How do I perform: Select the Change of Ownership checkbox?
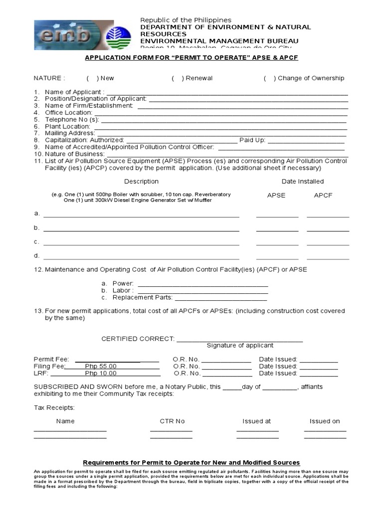269,78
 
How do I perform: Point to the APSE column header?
276,195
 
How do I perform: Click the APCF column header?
323,195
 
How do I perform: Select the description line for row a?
141,216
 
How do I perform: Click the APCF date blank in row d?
328,258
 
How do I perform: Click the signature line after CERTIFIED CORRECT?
239,340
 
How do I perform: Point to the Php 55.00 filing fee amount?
101,366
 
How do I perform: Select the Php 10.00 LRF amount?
101,373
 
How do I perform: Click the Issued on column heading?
325,421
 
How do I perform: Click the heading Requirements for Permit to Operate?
191,463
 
